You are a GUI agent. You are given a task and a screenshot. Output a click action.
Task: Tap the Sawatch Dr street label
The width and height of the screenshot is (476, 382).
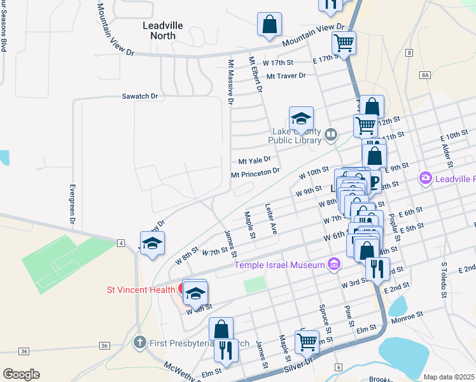pos(140,96)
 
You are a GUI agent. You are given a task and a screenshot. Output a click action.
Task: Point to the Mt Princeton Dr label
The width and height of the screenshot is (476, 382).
pos(255,172)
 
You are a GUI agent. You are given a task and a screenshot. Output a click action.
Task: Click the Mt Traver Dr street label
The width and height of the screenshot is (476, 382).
pos(286,76)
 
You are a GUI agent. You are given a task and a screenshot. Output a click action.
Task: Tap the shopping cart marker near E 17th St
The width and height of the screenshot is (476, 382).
pos(344,43)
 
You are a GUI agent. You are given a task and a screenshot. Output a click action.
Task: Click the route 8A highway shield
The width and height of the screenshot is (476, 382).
pos(425,75)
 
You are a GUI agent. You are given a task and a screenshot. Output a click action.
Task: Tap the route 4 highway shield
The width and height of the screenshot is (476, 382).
pos(120,243)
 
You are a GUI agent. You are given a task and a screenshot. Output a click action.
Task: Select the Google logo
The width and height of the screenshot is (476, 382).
pos(21,374)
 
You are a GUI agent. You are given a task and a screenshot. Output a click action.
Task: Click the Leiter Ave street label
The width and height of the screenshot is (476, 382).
pos(270,220)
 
